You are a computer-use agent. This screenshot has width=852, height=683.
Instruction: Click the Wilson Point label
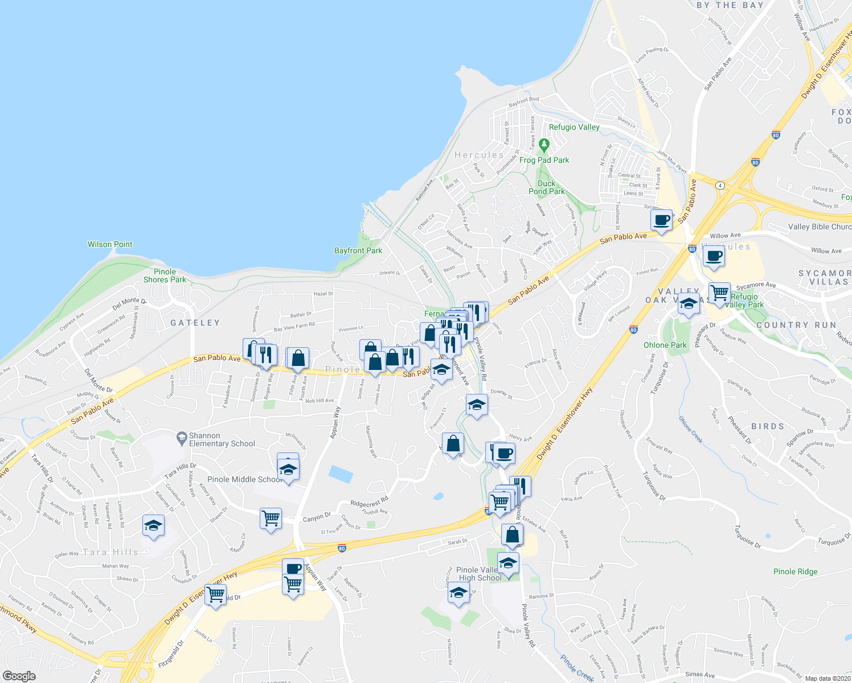coord(110,244)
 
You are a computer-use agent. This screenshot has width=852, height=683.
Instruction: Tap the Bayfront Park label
coord(358,250)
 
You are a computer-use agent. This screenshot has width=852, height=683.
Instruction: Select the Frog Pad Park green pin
coord(544,145)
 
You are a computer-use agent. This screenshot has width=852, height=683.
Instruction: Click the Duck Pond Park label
coord(546,187)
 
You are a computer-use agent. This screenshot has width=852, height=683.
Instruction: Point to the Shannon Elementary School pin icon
coord(182,438)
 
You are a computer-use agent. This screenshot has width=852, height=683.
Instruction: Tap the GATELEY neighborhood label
coord(195,323)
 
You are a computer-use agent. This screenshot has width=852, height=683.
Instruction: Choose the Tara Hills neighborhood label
coord(110,552)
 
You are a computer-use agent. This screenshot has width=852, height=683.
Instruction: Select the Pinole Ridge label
coord(795,571)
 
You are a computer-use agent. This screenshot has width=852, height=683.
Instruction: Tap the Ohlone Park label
coord(665,345)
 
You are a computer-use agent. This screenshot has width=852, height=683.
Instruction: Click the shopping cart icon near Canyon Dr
coord(271,519)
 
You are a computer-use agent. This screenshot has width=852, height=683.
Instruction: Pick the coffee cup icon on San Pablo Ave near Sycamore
coord(661,220)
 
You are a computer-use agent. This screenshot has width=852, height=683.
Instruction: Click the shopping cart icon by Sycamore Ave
coord(720,293)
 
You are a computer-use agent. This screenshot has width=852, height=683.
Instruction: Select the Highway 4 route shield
coord(720,185)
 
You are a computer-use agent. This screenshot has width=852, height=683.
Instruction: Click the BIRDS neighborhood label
coord(768,426)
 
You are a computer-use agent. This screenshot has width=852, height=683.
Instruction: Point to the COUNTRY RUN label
coord(796,325)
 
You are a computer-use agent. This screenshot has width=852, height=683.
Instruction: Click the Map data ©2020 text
coord(827,678)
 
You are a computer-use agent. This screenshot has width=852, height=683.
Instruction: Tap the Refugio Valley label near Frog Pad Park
coord(574,127)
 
